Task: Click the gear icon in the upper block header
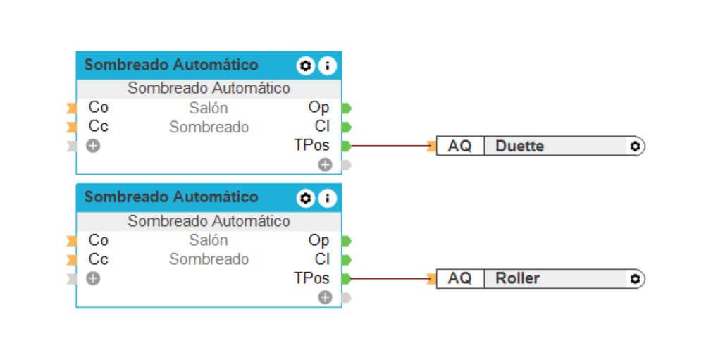pos(305,66)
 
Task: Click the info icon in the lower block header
pos(327,198)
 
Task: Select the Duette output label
pos(519,147)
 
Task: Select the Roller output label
pos(517,278)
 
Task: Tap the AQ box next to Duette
pos(459,147)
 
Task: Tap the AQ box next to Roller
pos(459,278)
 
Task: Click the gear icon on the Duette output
pos(635,147)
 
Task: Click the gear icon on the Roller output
pos(635,279)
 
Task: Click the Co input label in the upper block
pos(99,108)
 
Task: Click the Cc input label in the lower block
pos(99,259)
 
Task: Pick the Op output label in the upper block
pos(318,108)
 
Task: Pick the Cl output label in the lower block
pos(322,259)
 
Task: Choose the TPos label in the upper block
pos(311,146)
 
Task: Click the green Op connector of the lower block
pos(346,241)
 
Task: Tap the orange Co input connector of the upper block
pos(71,108)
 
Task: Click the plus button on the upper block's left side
pos(93,147)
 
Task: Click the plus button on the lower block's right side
pos(325,297)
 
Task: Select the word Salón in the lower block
pos(209,240)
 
